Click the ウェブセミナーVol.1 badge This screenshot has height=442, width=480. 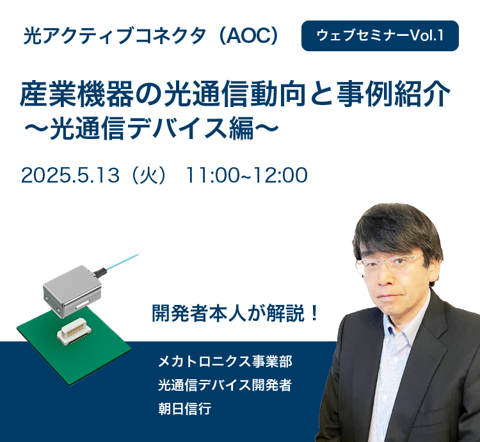[380, 36]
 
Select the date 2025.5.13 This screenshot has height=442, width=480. [70, 176]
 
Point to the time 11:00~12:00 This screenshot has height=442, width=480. [247, 176]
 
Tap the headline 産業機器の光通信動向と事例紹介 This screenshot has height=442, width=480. [235, 94]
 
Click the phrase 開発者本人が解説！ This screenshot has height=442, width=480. [236, 313]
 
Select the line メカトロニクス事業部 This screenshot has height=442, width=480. [225, 361]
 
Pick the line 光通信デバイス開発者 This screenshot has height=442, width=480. [225, 385]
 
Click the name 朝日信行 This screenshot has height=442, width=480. [184, 409]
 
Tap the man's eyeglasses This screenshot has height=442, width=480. [389, 263]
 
